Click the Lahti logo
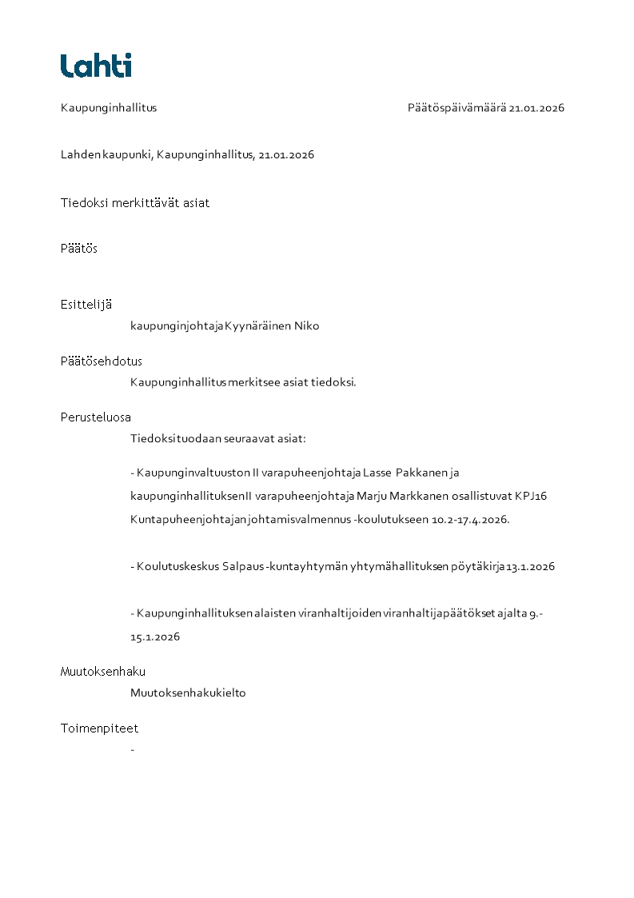tap(96, 66)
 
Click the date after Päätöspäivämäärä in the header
tap(536, 108)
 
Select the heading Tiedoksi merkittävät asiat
tap(135, 203)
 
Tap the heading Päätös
tap(78, 249)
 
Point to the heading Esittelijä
tap(86, 305)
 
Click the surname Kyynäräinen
tap(258, 326)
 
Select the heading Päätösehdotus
tap(101, 361)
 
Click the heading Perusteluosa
tap(96, 417)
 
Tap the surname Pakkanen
tap(423, 473)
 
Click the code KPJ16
tap(531, 496)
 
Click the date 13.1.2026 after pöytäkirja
tap(531, 567)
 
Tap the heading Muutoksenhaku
tap(103, 672)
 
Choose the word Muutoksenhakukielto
tap(188, 693)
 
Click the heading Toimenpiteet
tap(99, 728)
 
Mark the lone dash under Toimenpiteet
tap(132, 750)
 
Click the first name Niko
tap(307, 326)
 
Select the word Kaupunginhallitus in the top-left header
tap(109, 108)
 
